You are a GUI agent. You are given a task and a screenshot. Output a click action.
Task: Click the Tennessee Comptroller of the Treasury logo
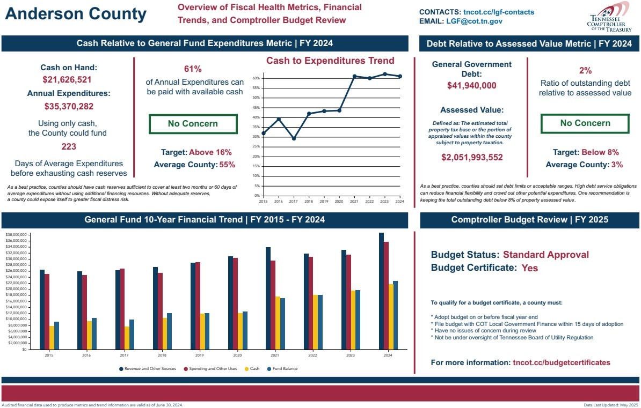pyautogui.click(x=606, y=16)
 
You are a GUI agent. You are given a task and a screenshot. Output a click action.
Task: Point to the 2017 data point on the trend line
pyautogui.click(x=294, y=138)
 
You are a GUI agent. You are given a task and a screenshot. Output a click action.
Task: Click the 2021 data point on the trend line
pyautogui.click(x=354, y=76)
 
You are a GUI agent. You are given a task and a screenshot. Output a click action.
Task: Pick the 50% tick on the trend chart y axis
pyautogui.click(x=257, y=98)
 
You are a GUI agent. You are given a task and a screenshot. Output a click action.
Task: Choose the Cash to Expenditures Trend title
pyautogui.click(x=330, y=61)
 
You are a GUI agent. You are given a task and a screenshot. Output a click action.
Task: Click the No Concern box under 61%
pyautogui.click(x=193, y=124)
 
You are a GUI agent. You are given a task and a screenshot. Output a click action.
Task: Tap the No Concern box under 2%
pyautogui.click(x=585, y=123)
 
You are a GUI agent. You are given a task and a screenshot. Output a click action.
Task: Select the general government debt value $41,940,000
pyautogui.click(x=471, y=86)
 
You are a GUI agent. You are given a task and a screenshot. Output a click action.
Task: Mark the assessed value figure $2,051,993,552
pyautogui.click(x=472, y=158)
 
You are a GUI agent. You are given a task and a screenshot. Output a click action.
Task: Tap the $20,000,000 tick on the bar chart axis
pyautogui.click(x=16, y=289)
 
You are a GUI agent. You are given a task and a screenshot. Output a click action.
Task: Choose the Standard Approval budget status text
pyautogui.click(x=545, y=255)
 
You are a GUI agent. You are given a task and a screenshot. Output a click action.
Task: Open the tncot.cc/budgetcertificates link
pyautogui.click(x=561, y=362)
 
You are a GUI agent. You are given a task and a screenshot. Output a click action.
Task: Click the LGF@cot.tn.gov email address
pyautogui.click(x=474, y=21)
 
